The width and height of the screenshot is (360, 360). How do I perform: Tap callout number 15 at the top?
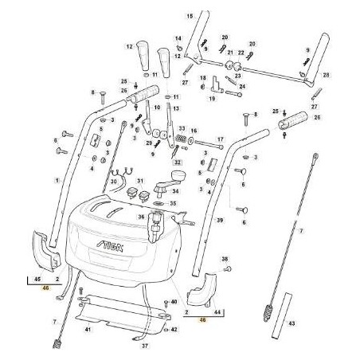pyautogui.click(x=190, y=16)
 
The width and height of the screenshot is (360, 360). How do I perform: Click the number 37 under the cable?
pyautogui.click(x=145, y=347)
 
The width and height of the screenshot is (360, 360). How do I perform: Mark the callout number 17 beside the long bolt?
pyautogui.click(x=221, y=139)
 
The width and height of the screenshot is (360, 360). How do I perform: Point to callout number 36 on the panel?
pyautogui.click(x=140, y=217)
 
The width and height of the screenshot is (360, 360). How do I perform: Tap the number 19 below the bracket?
pyautogui.click(x=213, y=100)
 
